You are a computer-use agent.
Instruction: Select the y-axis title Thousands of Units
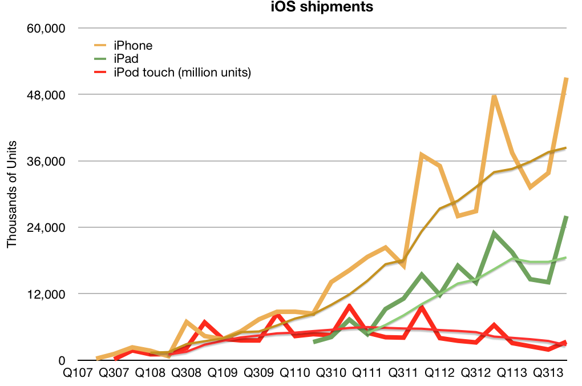tap(11, 194)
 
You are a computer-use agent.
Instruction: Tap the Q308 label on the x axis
tap(186, 373)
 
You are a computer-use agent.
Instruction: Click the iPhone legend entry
tap(133, 45)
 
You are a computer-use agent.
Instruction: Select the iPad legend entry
tap(126, 59)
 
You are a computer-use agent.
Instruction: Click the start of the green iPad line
tap(314, 342)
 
